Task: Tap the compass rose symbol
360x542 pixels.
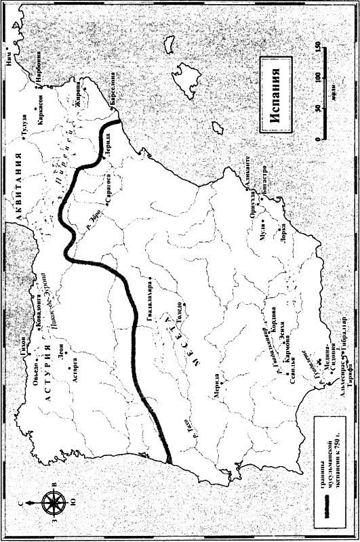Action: (52, 503)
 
